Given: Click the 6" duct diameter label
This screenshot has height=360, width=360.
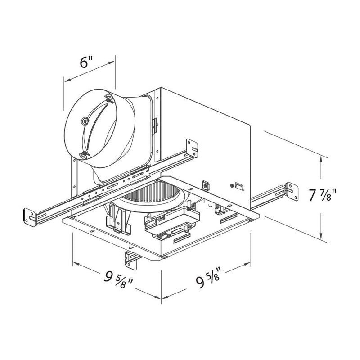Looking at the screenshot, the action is (x=86, y=62).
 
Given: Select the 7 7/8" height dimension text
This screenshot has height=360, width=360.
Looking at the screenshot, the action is (x=322, y=195).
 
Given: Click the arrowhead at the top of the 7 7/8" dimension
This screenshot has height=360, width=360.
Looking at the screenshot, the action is (x=321, y=159).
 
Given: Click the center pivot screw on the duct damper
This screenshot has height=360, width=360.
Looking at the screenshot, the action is (x=85, y=121).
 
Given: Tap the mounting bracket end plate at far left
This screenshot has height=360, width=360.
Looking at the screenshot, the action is (x=30, y=217).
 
